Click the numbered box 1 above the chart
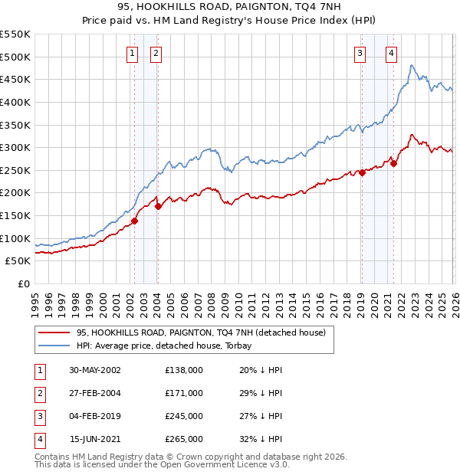(133, 53)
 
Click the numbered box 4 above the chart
(391, 53)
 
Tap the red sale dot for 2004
(158, 206)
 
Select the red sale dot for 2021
(393, 163)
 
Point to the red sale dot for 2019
(362, 172)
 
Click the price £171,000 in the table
(184, 393)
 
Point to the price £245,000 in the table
(184, 416)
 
